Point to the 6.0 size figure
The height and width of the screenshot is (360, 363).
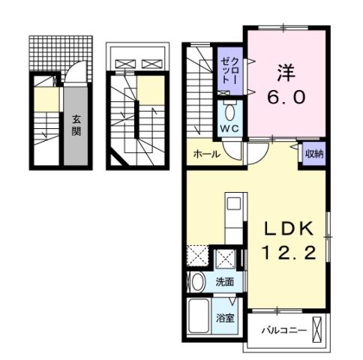coord(286,97)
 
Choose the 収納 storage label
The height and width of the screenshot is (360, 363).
coord(313,154)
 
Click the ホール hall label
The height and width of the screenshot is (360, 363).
coord(206,154)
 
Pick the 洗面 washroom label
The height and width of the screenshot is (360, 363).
coord(224,283)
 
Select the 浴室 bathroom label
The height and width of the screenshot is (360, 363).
coord(226,317)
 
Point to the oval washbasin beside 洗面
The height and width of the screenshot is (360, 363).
coord(196,283)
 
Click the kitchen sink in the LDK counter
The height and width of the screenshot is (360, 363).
coord(232,202)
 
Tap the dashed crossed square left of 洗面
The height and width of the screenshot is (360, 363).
coord(197,256)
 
